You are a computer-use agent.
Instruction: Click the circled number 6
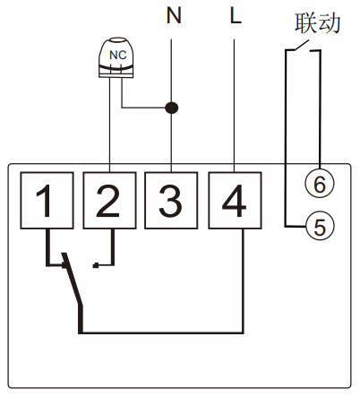[318, 183]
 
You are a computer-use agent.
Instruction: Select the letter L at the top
[235, 16]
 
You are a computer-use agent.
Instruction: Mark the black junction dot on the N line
[171, 108]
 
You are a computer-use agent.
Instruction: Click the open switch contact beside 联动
[304, 53]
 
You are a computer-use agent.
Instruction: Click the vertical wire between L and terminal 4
[234, 99]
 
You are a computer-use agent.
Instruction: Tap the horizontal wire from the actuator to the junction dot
[143, 108]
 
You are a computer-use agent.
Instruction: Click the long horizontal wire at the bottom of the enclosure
[161, 333]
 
